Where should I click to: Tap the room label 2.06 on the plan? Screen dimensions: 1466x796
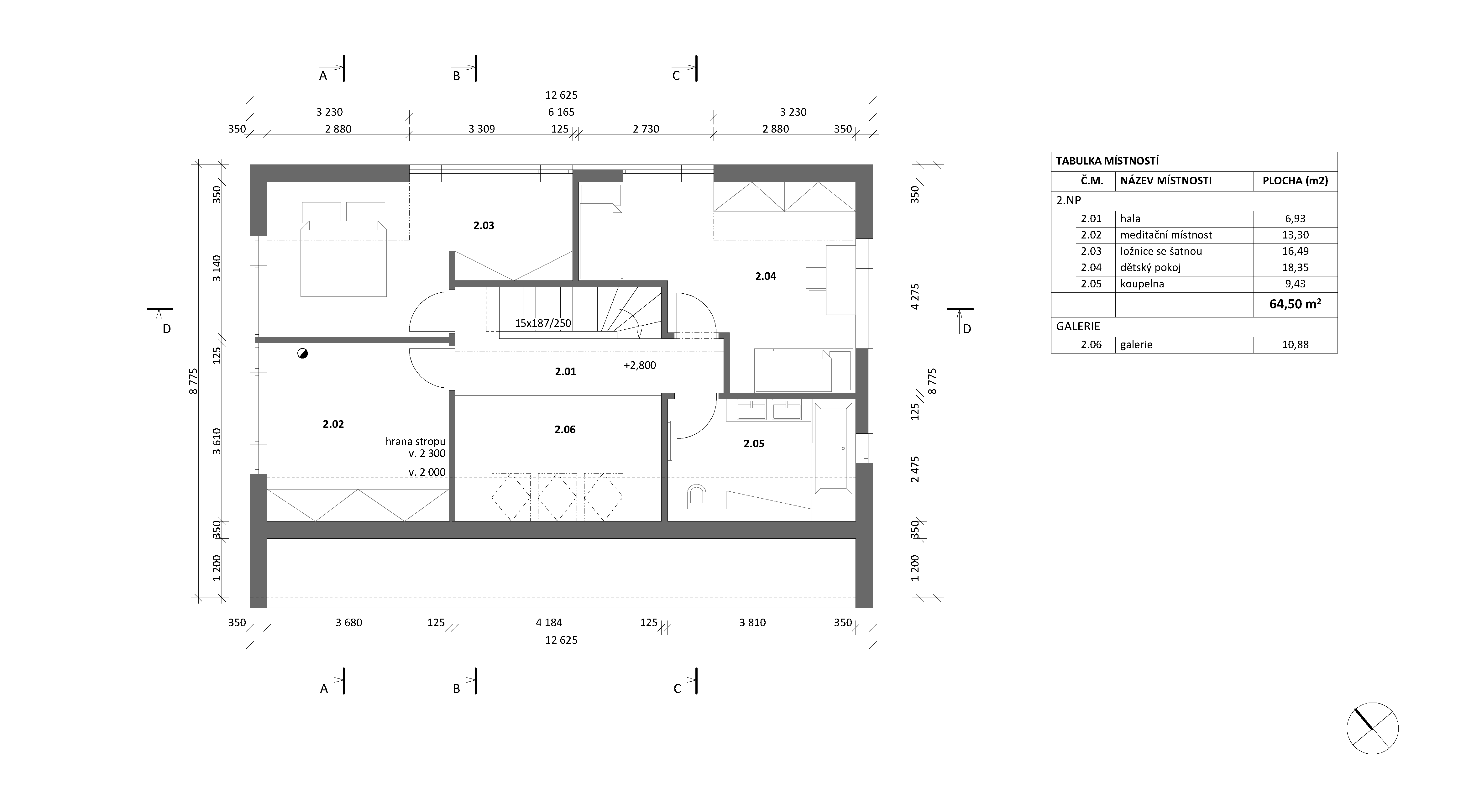coord(565,430)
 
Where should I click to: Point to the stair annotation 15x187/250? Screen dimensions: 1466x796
coord(543,323)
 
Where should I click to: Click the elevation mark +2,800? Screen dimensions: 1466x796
coord(640,365)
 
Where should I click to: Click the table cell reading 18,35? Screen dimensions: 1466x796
coord(1295,267)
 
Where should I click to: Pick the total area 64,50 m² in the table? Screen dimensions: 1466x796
coord(1295,304)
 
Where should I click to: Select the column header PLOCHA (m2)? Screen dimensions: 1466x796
coord(1295,181)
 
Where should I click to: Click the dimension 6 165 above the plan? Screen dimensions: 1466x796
coord(561,112)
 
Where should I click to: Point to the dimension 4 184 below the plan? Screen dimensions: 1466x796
coord(549,622)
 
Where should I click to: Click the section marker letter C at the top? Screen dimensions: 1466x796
coord(676,76)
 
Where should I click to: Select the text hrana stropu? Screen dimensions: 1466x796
coord(416,442)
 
